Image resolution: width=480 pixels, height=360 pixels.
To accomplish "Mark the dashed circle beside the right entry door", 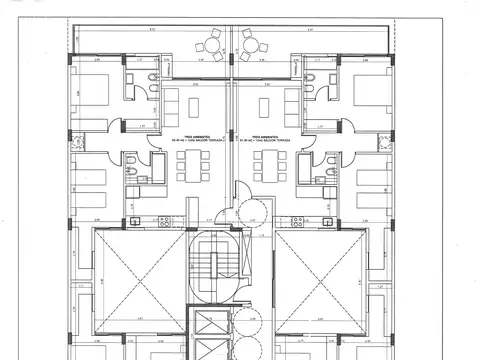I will pyautogui.click(x=255, y=213).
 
